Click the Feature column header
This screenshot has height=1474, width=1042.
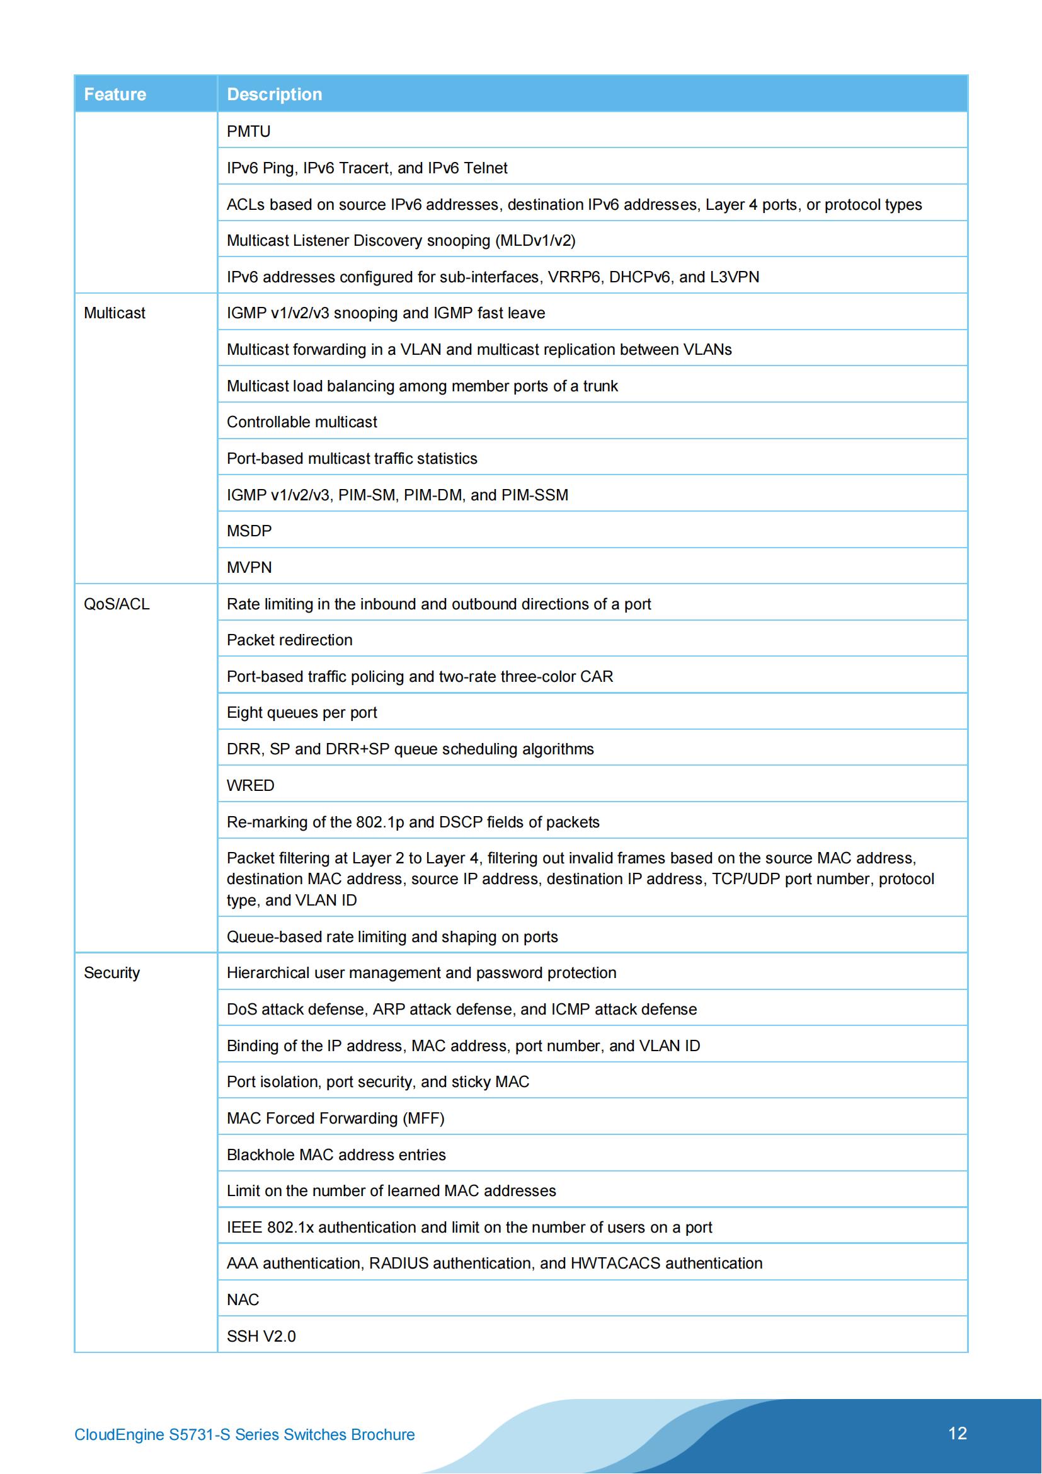[x=115, y=95]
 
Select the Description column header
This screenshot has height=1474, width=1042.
[x=274, y=95]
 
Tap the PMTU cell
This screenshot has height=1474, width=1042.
[x=248, y=132]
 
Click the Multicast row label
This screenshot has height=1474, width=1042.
[x=114, y=313]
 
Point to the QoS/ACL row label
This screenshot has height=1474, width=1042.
[x=116, y=604]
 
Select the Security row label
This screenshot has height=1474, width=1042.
[x=112, y=972]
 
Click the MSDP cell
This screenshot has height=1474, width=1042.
[x=249, y=531]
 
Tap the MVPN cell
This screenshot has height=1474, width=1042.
[x=249, y=568]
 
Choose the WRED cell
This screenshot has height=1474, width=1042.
[x=250, y=786]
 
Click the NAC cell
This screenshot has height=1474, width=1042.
[x=243, y=1299]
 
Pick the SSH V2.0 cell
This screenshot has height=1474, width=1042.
[x=261, y=1336]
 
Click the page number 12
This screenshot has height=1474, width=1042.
[x=957, y=1433]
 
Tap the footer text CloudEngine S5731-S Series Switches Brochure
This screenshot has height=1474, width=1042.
[x=244, y=1434]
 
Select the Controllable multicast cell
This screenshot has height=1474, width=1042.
[x=302, y=422]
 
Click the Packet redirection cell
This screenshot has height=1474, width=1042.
[x=289, y=640]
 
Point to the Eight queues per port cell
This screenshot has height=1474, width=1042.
[x=302, y=713]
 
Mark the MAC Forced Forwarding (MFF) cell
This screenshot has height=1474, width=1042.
[x=335, y=1119]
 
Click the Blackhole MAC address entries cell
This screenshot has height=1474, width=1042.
[x=336, y=1155]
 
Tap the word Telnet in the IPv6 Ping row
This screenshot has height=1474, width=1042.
[x=485, y=168]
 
